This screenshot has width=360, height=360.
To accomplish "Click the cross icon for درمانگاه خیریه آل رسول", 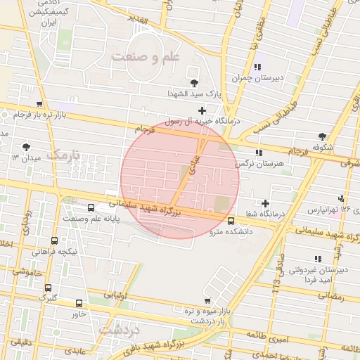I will tap(202, 110).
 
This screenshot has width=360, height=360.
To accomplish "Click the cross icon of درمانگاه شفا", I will tap(265, 203).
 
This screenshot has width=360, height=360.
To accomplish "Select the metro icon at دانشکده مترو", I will tap(231, 221).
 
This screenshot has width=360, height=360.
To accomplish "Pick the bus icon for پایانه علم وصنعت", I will tap(90, 208).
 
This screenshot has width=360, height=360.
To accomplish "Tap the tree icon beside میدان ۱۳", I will tap(26, 147).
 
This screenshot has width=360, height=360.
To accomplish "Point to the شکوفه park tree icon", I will tap(322, 136).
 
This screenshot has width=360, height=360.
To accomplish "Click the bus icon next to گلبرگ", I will tap(48, 288).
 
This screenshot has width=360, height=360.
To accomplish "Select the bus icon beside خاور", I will tap(79, 304).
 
